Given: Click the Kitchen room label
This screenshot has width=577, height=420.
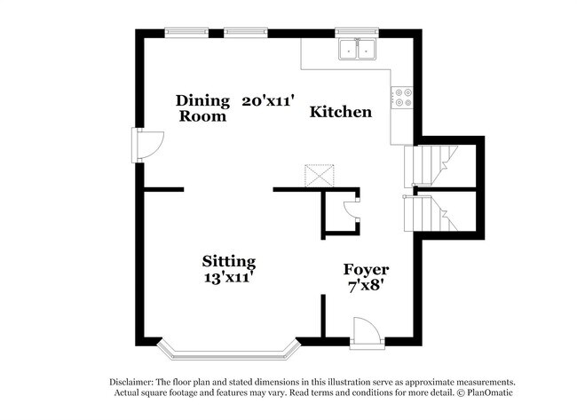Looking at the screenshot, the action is coord(340,112).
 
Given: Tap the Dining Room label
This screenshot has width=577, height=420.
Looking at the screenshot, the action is coord(202,108).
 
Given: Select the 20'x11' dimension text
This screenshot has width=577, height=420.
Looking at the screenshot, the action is coord(269,100).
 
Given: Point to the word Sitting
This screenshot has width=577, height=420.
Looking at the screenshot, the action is coord(229,262).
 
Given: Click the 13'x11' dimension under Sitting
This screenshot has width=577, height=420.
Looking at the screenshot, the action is coord(229,278).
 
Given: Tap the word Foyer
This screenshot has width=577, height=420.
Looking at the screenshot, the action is coord(366,270).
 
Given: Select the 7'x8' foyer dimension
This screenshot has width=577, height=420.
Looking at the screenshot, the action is coord(366,286).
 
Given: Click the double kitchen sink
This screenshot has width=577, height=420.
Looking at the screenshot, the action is coord(357,50).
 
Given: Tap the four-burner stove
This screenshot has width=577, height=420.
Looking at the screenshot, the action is coord(402,98).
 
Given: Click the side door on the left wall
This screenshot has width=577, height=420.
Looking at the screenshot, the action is coord(147,145).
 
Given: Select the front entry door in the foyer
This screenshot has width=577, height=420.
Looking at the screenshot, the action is coord(367,333).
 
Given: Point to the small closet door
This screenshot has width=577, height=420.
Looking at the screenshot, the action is coord(352,210).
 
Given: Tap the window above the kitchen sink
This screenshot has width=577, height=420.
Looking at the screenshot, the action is coord(357,32).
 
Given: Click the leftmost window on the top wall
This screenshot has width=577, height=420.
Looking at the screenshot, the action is coord(186,32).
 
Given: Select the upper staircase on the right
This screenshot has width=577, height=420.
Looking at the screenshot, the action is coord(431,166).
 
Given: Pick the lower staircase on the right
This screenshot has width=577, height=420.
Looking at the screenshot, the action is coord(431,213).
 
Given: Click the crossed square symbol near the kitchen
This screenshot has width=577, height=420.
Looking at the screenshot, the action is coord(320,176).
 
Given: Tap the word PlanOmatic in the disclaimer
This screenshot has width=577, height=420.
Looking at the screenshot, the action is coord(490,392).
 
